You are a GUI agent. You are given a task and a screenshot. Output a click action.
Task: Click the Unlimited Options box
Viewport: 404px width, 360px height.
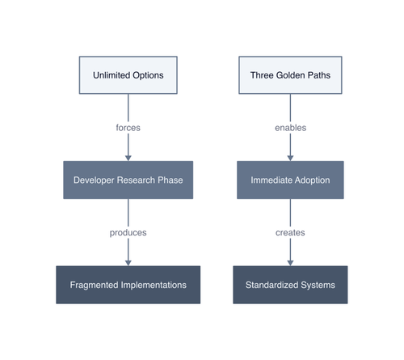pyautogui.click(x=128, y=75)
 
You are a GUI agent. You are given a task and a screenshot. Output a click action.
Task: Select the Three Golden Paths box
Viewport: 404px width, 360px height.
pyautogui.click(x=290, y=75)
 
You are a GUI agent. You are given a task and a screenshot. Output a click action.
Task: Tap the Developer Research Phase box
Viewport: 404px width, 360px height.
pyautogui.click(x=128, y=180)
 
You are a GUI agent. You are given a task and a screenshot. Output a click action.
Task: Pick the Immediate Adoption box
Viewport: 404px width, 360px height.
pyautogui.click(x=290, y=180)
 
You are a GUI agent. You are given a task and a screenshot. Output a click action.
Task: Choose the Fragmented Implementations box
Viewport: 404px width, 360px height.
pyautogui.click(x=128, y=285)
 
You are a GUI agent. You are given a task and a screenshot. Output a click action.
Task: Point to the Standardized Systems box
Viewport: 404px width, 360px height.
pyautogui.click(x=290, y=285)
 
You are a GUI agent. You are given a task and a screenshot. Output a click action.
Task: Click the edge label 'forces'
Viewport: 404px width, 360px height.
pyautogui.click(x=128, y=128)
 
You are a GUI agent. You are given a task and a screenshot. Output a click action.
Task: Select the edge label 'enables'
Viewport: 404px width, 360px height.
pyautogui.click(x=290, y=128)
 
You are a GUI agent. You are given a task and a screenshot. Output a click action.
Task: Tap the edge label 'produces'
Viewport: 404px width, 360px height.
pyautogui.click(x=128, y=232)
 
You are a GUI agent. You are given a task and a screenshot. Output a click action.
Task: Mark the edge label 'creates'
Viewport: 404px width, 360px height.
pyautogui.click(x=290, y=232)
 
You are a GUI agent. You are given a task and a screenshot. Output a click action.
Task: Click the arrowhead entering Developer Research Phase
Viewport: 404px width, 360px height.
pyautogui.click(x=128, y=159)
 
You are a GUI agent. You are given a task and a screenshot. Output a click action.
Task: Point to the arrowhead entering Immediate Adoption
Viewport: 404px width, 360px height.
pyautogui.click(x=290, y=159)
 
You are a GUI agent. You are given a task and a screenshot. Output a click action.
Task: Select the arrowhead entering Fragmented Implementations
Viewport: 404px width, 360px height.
pyautogui.click(x=128, y=263)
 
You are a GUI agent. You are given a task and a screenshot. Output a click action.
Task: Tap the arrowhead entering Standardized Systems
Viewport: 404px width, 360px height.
pyautogui.click(x=290, y=263)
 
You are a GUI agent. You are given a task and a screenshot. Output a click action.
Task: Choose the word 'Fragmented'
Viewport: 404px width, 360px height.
pyautogui.click(x=94, y=285)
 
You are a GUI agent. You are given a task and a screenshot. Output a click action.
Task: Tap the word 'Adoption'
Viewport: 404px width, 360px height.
pyautogui.click(x=312, y=180)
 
